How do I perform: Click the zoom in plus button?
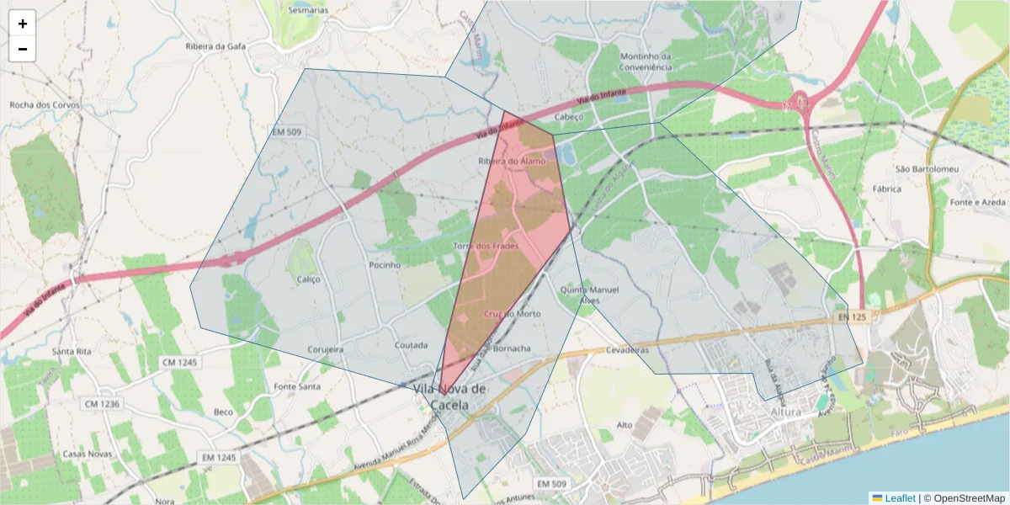(23, 24)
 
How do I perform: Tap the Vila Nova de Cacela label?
(450, 396)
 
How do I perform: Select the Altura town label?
(786, 412)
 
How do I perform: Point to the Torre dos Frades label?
(486, 246)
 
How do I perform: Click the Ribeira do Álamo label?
(512, 160)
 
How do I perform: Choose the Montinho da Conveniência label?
(645, 61)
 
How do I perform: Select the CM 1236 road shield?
(102, 404)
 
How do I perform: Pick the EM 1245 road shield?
(218, 457)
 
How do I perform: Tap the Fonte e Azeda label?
(976, 203)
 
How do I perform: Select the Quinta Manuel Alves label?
(589, 295)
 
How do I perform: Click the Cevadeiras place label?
(627, 349)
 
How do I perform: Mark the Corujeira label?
(326, 348)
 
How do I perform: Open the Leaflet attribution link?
(900, 498)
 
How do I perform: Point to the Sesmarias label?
(308, 11)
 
